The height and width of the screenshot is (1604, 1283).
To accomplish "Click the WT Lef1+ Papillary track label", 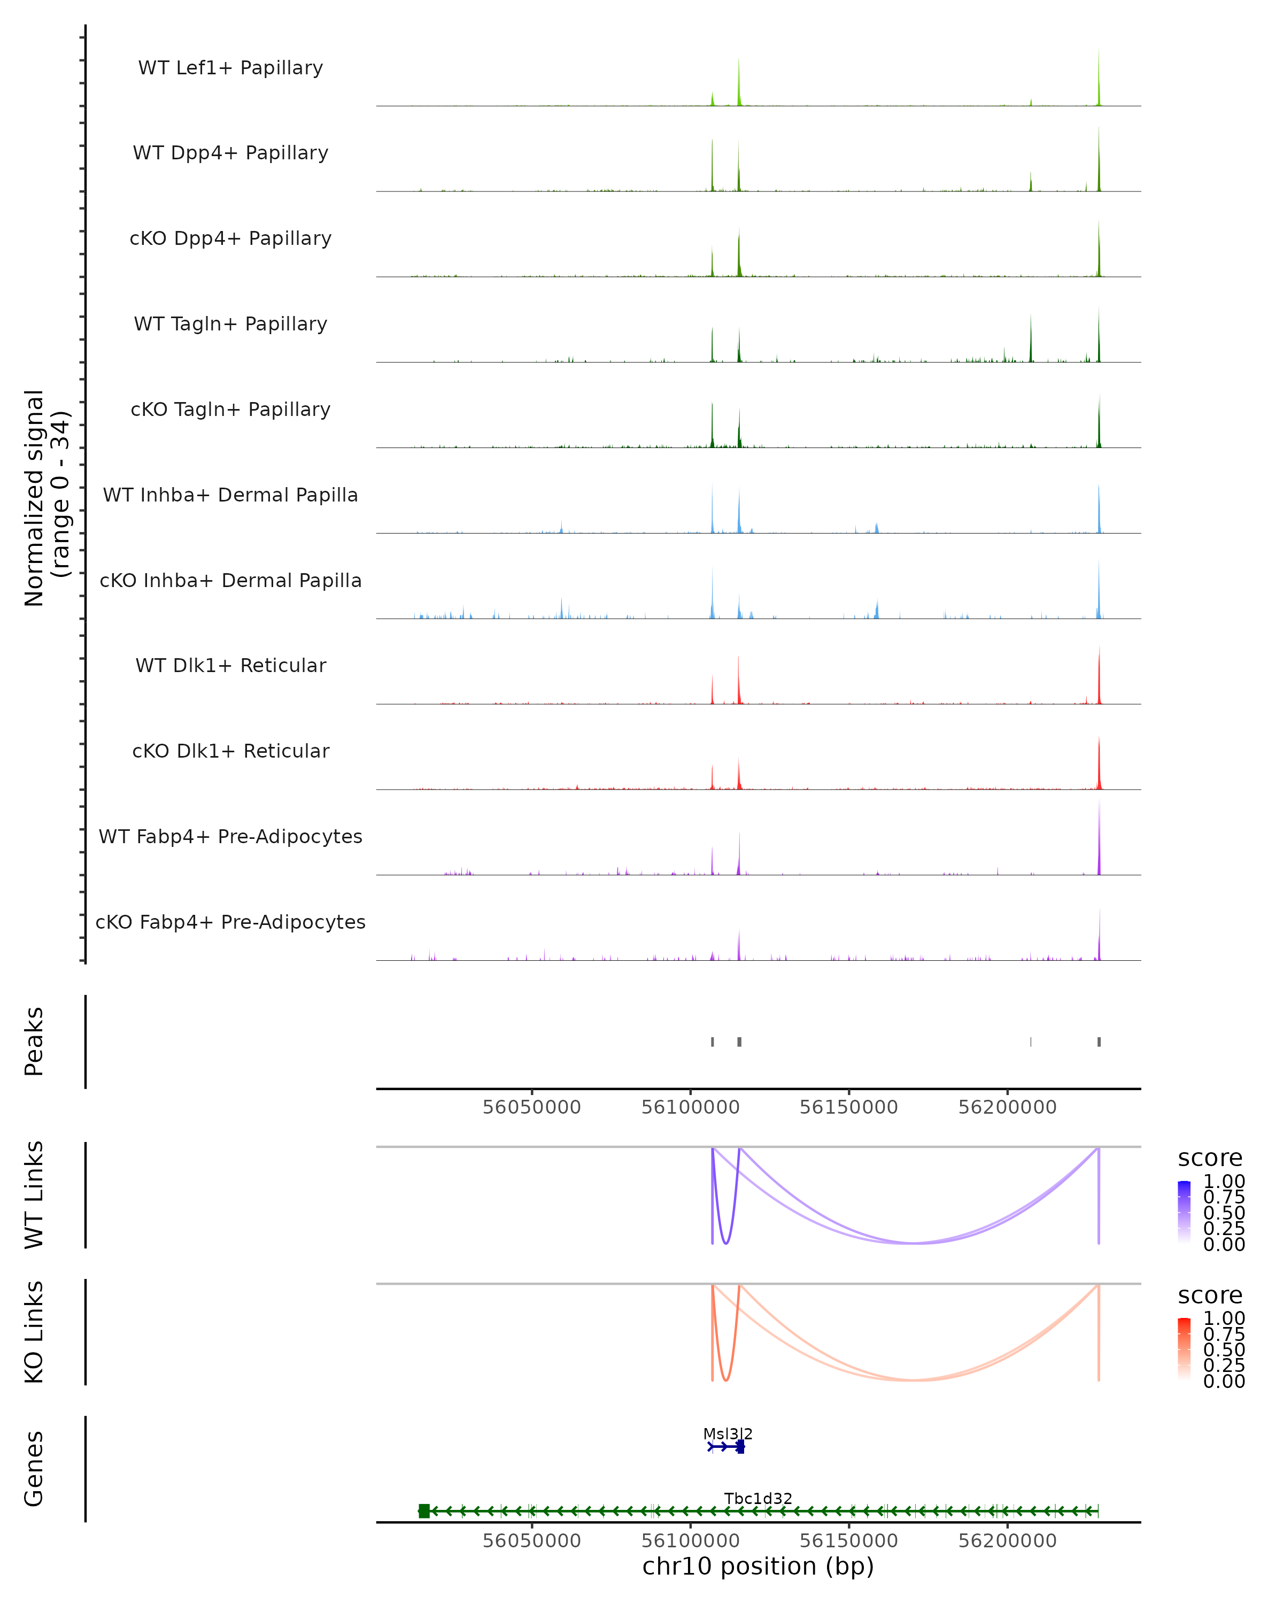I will (230, 68).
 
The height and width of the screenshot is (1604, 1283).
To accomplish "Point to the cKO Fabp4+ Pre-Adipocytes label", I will (230, 922).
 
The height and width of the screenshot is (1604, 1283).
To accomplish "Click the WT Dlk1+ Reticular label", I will (230, 665).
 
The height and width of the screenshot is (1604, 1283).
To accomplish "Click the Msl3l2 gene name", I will (728, 1433).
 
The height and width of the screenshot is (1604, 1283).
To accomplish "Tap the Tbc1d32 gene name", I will (758, 1498).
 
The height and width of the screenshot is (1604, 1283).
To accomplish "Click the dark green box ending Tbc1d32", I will (424, 1511).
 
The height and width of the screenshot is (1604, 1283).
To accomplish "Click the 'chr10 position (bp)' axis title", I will (758, 1566).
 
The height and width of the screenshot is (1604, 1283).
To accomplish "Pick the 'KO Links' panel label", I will (34, 1332).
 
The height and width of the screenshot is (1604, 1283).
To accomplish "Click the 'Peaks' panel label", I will (34, 1041).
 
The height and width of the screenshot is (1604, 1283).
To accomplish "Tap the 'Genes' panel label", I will (34, 1469).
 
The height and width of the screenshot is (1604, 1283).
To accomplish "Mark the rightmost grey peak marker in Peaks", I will (1099, 1042).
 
